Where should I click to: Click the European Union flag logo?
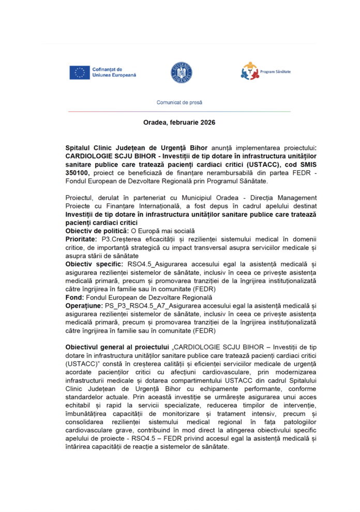[80, 72]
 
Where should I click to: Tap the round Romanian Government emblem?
[182, 72]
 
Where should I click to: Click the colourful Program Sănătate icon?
[249, 71]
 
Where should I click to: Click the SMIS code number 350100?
[78, 171]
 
